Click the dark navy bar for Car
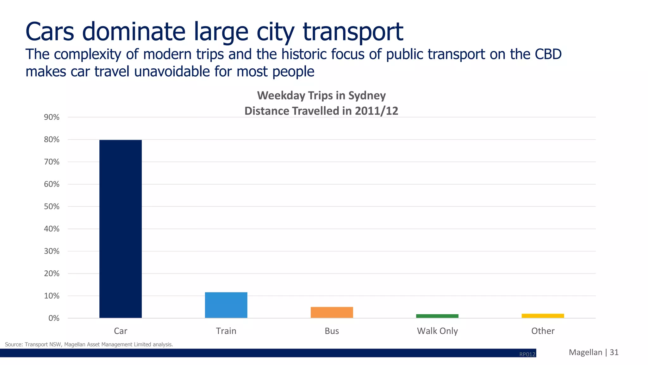[x=121, y=229]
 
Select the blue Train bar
[x=226, y=305]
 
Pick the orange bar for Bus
[x=332, y=312]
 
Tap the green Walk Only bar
[x=437, y=316]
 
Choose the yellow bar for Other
[x=543, y=316]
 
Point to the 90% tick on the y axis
[x=52, y=117]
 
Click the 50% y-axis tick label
[x=52, y=207]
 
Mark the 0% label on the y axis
[x=54, y=318]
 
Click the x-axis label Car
[x=121, y=331]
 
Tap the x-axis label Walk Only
[x=437, y=331]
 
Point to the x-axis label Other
[x=543, y=331]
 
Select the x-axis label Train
[x=226, y=331]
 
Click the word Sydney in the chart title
[x=367, y=96]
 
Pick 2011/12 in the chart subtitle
[x=376, y=111]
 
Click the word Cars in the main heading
[x=50, y=32]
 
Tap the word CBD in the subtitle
[x=548, y=54]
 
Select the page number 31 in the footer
[x=614, y=352]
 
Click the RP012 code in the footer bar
[x=527, y=354]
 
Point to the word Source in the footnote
[x=13, y=344]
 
